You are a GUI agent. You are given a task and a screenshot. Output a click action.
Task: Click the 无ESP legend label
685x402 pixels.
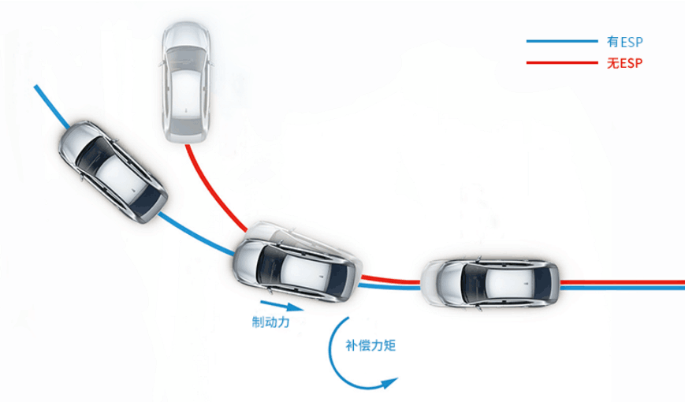coord(626,63)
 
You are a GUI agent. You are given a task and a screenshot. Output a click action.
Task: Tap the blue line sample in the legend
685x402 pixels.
coord(562,41)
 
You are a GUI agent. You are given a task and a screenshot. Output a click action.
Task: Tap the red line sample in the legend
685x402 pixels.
coord(562,63)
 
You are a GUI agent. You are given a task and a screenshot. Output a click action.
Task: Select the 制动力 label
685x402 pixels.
coord(271,322)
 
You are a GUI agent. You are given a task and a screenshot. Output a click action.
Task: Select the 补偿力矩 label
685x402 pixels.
coord(370,345)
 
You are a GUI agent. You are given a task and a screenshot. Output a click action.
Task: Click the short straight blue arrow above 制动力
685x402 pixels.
coord(280,304)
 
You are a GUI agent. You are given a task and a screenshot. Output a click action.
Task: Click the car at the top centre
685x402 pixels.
coord(186,83)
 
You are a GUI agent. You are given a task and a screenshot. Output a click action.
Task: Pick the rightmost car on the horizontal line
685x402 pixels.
coord(490,282)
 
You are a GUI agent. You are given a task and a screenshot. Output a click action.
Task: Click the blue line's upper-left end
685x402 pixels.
coord(37,88)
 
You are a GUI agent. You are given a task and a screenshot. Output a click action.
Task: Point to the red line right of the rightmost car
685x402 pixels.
coord(623,281)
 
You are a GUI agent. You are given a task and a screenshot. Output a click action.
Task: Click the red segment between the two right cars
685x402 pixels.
coord(391,279)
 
